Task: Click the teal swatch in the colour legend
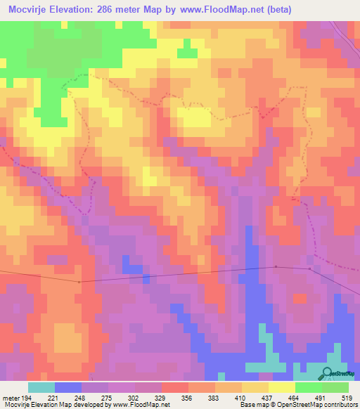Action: coord(41,387)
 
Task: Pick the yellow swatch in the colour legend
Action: coord(282,387)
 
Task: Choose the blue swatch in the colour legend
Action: coord(68,387)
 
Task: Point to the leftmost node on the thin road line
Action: coord(79,282)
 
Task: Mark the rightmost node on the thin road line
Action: coord(310,268)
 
